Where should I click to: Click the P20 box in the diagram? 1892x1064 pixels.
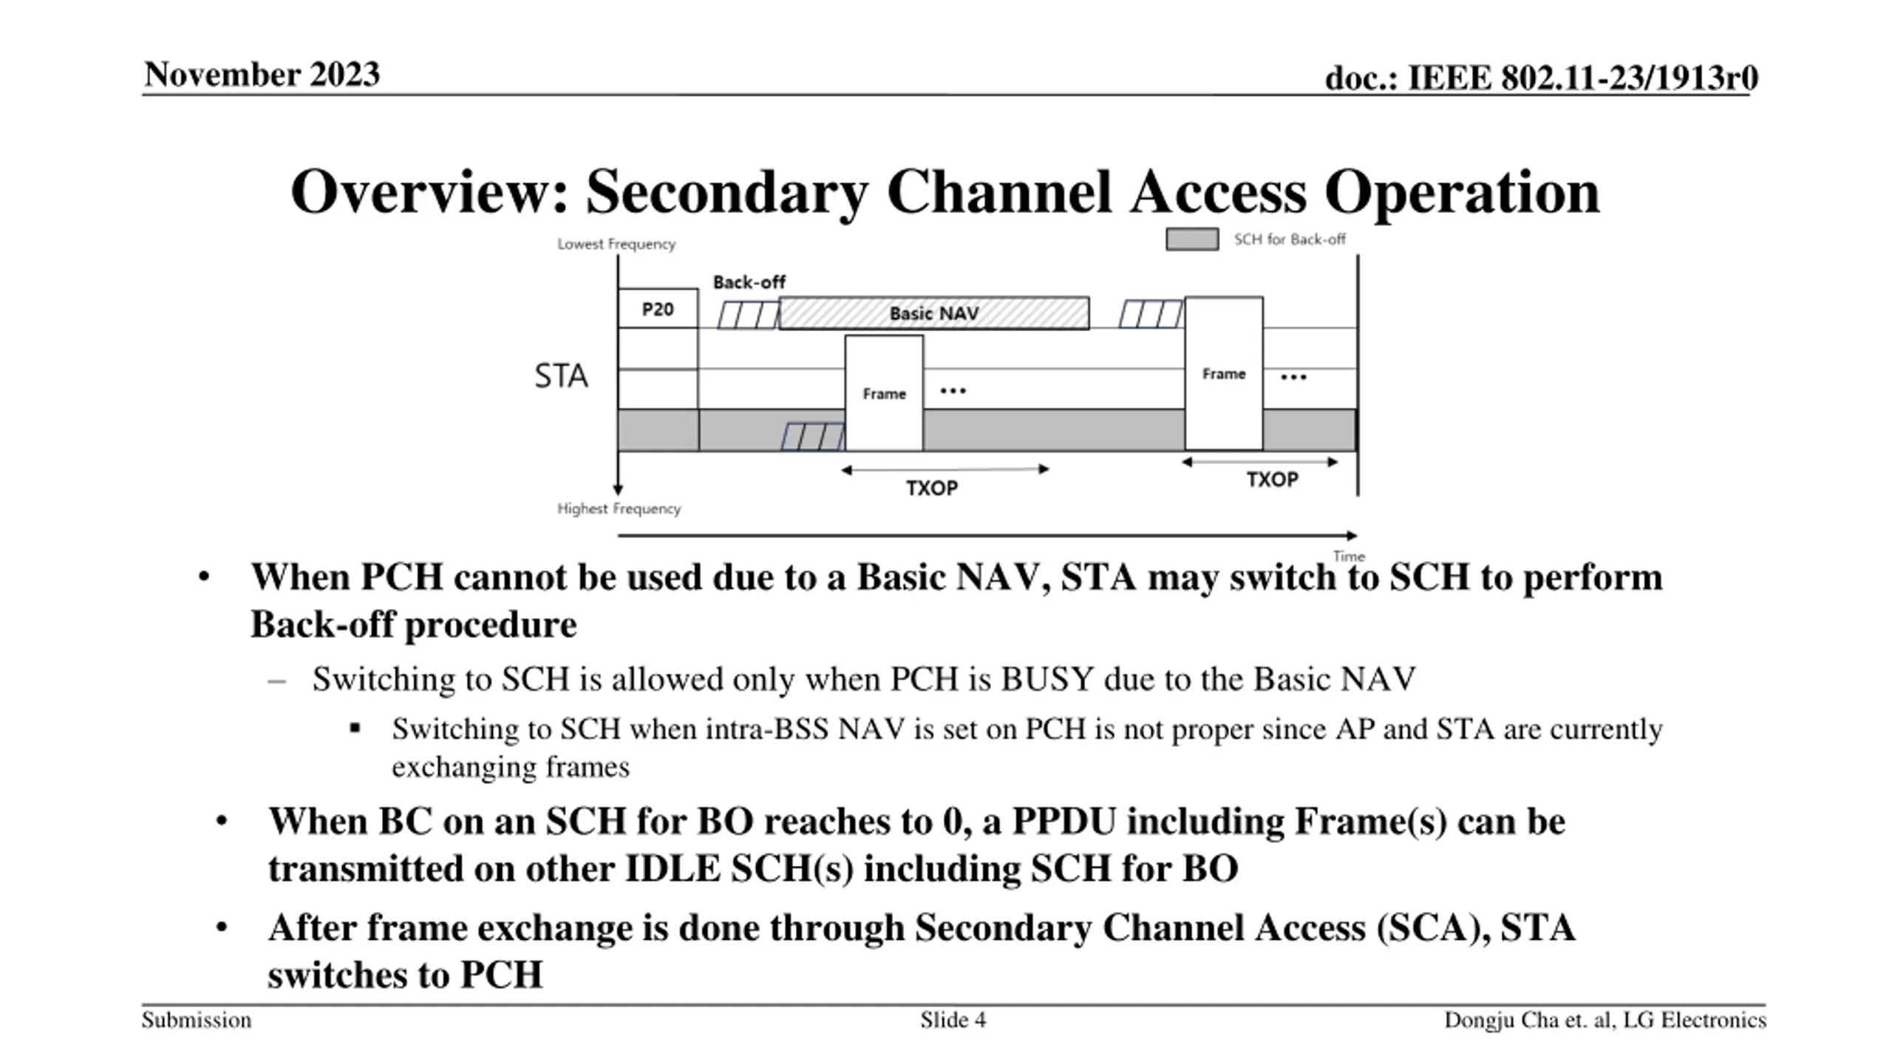coord(658,309)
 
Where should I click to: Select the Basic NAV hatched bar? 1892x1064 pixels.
coord(934,313)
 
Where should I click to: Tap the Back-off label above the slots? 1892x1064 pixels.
coord(749,282)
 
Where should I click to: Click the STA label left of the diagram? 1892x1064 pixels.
coord(561,376)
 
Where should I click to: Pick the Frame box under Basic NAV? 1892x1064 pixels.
coord(884,393)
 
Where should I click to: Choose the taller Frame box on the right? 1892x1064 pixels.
coord(1224,374)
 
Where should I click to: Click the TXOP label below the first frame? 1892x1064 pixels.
coord(932,488)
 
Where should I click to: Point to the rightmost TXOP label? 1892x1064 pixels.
coord(1272,480)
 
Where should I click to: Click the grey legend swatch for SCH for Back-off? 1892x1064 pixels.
coord(1192,239)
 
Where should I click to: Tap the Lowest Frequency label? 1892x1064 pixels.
coord(616,244)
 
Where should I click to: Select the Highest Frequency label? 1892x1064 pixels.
coord(619,509)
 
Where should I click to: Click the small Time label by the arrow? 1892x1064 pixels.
coord(1349,556)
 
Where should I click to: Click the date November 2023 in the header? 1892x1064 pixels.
coord(262,75)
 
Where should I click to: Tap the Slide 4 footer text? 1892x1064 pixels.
coord(953,1020)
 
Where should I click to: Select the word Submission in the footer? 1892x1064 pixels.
coord(197,1020)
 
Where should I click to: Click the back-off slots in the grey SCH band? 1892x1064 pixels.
coord(813,437)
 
